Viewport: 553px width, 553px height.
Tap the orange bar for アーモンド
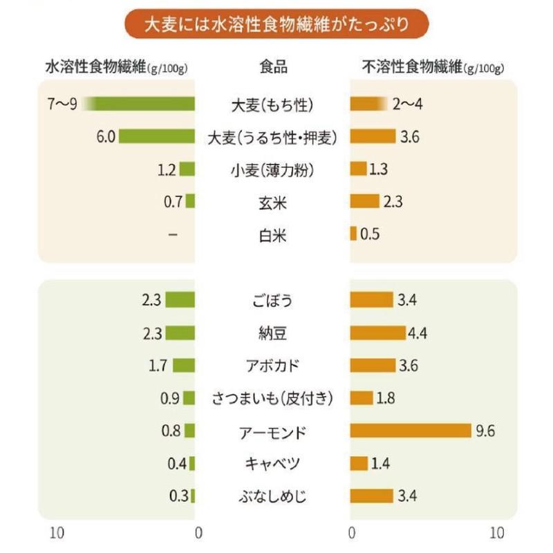click(411, 431)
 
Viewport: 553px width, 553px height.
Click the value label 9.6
click(485, 431)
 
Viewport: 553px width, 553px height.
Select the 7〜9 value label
click(62, 104)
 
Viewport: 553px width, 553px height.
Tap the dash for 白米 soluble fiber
click(172, 234)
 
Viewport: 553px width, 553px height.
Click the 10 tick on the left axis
click(59, 533)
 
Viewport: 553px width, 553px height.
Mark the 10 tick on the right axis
click(496, 533)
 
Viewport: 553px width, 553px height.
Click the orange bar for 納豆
click(378, 333)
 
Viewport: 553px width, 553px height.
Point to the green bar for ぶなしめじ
click(193, 496)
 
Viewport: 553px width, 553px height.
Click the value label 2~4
click(407, 104)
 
